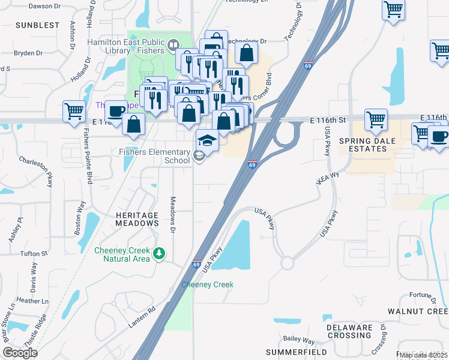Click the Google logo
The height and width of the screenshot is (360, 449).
tap(20, 353)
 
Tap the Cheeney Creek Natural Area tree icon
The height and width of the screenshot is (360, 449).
tap(159, 253)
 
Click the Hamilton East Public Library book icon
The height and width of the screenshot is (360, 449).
tap(173, 44)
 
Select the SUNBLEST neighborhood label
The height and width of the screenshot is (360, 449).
tap(37, 25)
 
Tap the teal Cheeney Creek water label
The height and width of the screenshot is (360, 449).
tap(207, 284)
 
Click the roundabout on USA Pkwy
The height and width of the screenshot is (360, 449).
tap(286, 263)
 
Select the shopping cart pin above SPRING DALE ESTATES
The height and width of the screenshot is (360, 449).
tap(376, 119)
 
